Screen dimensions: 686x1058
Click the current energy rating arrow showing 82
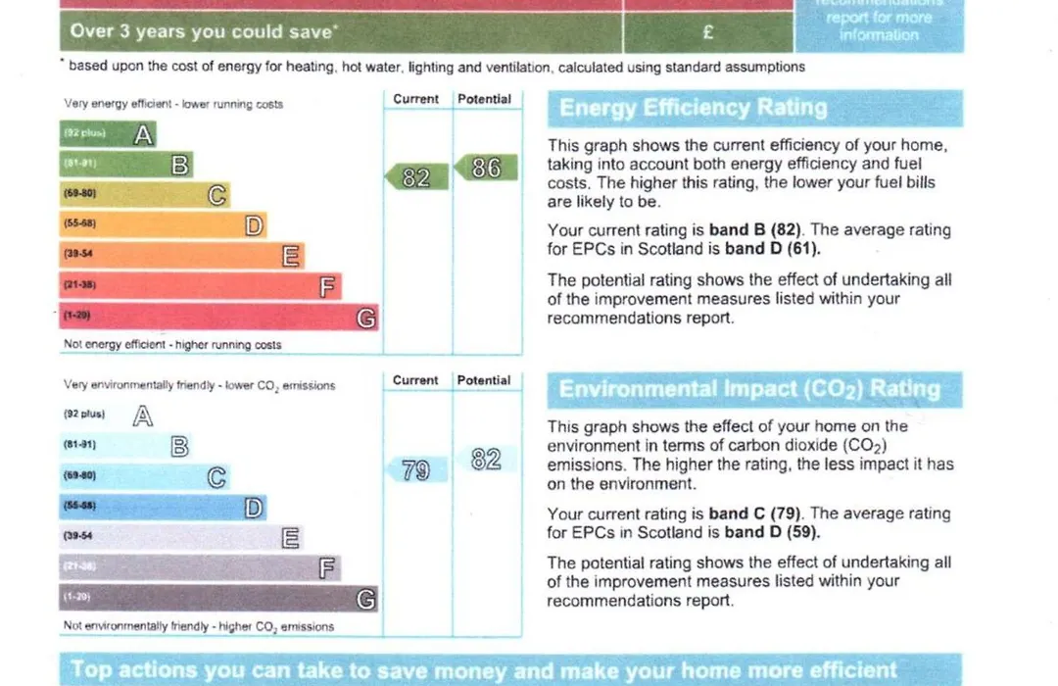tap(415, 177)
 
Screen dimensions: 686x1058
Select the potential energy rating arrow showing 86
tap(485, 169)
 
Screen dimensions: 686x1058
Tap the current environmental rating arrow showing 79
tap(415, 470)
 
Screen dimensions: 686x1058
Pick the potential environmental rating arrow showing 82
tap(485, 460)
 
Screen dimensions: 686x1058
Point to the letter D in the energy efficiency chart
tap(255, 225)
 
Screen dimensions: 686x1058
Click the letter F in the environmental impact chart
tap(328, 567)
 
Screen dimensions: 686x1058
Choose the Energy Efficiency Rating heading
tap(694, 109)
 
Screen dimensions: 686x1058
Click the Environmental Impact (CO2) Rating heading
tap(749, 389)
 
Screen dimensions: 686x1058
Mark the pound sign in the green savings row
tap(708, 32)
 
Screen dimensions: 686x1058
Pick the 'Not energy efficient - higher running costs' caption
tap(172, 345)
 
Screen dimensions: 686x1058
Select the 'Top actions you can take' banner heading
tap(484, 671)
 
